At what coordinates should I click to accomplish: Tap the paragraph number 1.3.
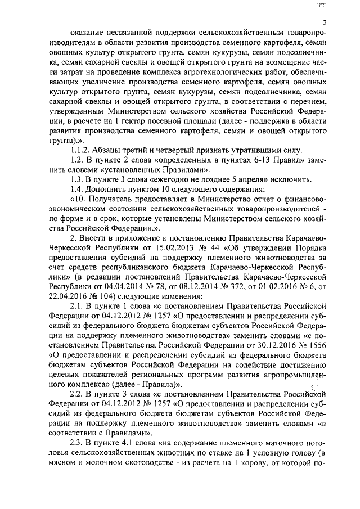[78, 179]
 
